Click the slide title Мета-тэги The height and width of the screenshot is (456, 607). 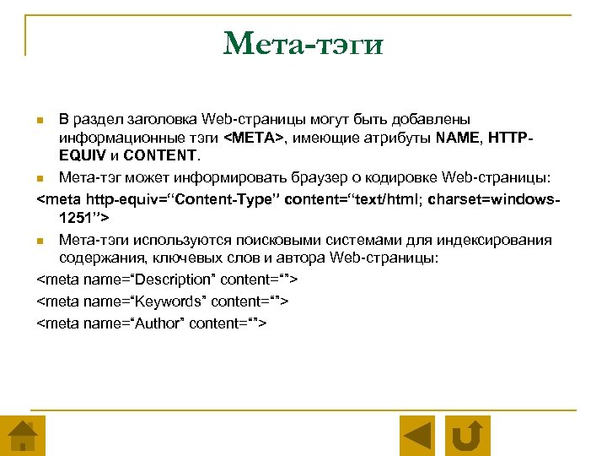(303, 42)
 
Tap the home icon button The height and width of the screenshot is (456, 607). (22, 436)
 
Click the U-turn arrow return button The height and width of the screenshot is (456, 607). (467, 436)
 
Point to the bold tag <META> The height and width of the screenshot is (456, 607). (256, 137)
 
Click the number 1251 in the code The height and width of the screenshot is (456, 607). (76, 218)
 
